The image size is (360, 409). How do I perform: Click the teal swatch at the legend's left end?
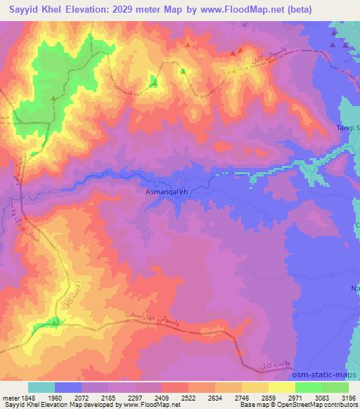coord(41,387)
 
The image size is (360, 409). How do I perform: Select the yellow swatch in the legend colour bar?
coord(282,387)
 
